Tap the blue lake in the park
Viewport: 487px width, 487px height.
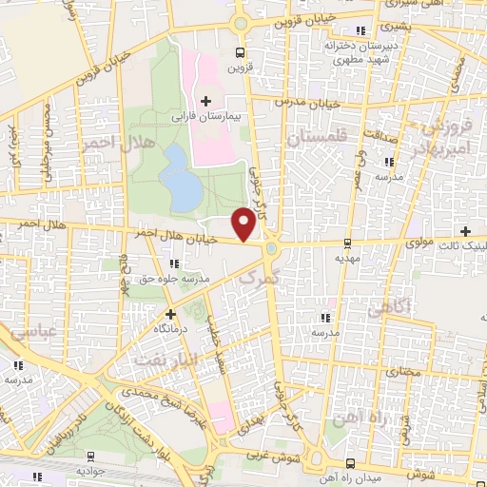[x=181, y=176]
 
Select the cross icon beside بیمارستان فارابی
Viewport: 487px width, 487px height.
[x=205, y=100]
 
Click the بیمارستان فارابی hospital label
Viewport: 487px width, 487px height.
[x=202, y=116]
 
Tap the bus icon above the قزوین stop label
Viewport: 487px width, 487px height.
[x=239, y=53]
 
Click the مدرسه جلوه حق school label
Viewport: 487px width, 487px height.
[x=194, y=279]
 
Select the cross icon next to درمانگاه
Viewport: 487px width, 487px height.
[x=170, y=313]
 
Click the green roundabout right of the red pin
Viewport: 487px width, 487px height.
[x=273, y=249]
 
